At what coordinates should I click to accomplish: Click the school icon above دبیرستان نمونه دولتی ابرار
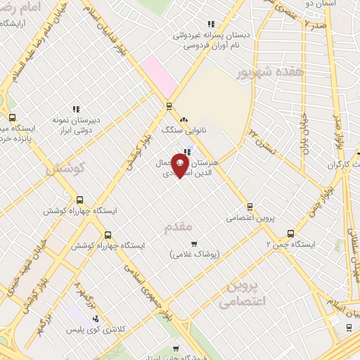tap(75, 109)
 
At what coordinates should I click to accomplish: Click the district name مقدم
tap(177, 226)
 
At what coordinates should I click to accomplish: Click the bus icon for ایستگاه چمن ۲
tap(290, 234)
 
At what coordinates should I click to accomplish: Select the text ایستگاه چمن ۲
tap(291, 245)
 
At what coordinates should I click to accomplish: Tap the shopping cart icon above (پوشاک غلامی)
tap(184, 243)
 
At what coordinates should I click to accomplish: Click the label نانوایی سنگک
tap(182, 130)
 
